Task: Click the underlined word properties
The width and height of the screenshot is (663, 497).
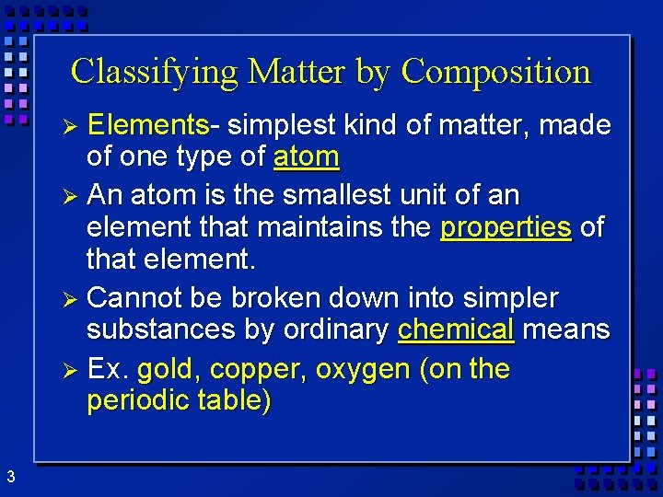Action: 506,227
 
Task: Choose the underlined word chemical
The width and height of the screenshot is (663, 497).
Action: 456,329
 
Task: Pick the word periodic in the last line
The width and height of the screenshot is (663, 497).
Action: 139,402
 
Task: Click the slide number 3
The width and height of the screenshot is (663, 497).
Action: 10,477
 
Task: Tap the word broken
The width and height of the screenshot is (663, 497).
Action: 273,297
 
